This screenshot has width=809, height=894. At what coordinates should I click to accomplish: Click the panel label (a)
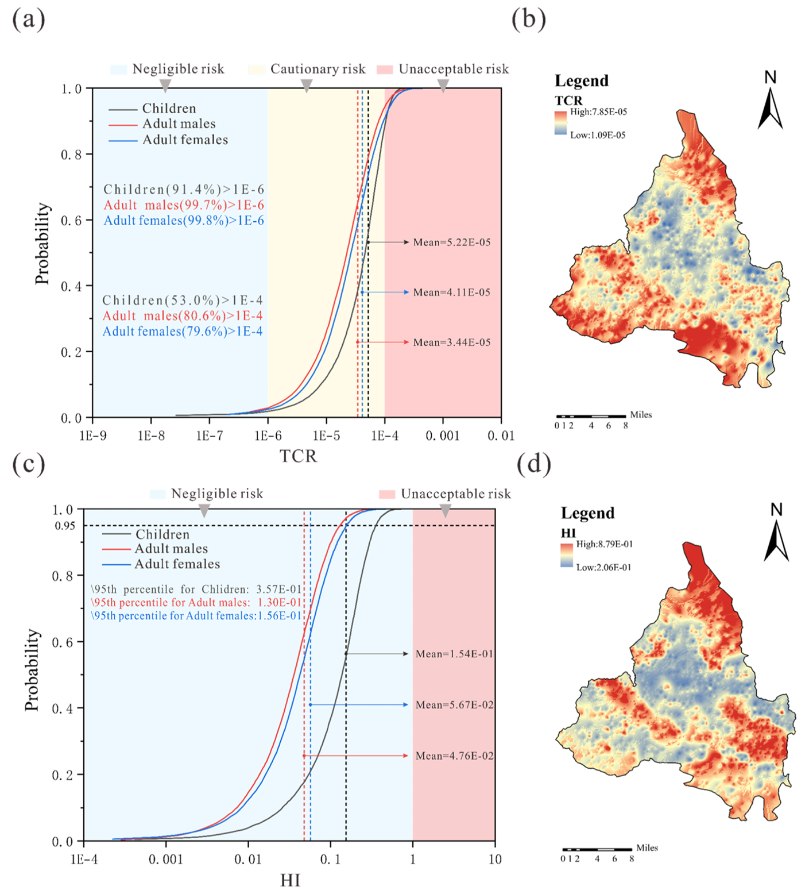28,20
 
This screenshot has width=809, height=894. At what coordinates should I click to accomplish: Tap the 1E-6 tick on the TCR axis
268,436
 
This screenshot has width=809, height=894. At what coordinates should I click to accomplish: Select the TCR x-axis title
298,456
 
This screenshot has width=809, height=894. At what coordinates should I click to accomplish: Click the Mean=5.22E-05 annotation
452,242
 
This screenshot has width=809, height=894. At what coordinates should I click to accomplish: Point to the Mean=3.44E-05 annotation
452,342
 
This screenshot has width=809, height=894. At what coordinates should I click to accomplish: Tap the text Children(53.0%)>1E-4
183,300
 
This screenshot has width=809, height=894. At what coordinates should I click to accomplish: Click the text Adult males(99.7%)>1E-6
184,205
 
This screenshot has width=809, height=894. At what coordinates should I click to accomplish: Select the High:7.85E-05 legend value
598,112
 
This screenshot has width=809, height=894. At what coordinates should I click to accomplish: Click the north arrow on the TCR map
770,103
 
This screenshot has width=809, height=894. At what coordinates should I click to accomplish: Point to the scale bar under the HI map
597,849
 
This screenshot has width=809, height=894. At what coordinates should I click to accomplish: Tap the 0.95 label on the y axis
65,526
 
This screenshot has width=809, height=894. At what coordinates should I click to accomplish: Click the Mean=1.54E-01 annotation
454,654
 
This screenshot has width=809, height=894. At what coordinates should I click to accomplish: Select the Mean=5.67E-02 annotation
454,705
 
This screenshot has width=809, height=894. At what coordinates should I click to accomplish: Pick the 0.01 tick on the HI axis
248,860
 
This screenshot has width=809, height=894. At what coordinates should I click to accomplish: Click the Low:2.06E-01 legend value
603,568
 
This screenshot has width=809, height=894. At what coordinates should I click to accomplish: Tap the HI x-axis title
291,880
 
